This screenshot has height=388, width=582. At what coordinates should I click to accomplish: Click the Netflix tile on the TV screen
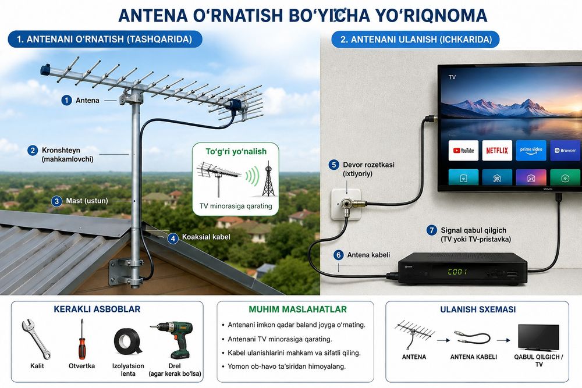[497, 150]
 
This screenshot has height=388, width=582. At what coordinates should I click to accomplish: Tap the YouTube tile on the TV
[463, 150]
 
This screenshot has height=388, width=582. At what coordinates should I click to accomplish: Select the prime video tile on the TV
[531, 150]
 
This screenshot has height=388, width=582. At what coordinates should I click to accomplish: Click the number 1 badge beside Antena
[66, 100]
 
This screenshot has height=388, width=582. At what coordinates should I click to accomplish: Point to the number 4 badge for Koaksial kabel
[173, 238]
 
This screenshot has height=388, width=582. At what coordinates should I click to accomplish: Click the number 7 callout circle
[431, 230]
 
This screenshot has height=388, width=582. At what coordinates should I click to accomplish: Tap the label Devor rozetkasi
[368, 165]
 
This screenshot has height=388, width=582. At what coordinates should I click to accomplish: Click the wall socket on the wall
[346, 204]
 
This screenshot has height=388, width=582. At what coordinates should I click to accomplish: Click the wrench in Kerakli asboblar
[36, 339]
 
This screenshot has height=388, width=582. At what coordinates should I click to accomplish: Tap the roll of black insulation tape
[128, 341]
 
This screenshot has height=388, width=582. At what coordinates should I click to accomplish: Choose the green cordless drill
[175, 339]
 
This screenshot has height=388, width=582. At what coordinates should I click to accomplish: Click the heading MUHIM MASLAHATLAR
[297, 309]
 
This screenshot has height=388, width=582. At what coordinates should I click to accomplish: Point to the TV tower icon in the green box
[268, 179]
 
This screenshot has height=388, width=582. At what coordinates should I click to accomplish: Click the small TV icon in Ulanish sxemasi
[538, 337]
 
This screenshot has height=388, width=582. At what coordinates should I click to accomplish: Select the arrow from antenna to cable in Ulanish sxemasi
[443, 340]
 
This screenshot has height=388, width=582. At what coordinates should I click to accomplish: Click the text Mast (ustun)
[87, 201]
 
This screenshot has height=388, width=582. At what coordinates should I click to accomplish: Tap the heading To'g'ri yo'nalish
[236, 151]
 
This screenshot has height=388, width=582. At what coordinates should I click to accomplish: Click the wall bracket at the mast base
[126, 273]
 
